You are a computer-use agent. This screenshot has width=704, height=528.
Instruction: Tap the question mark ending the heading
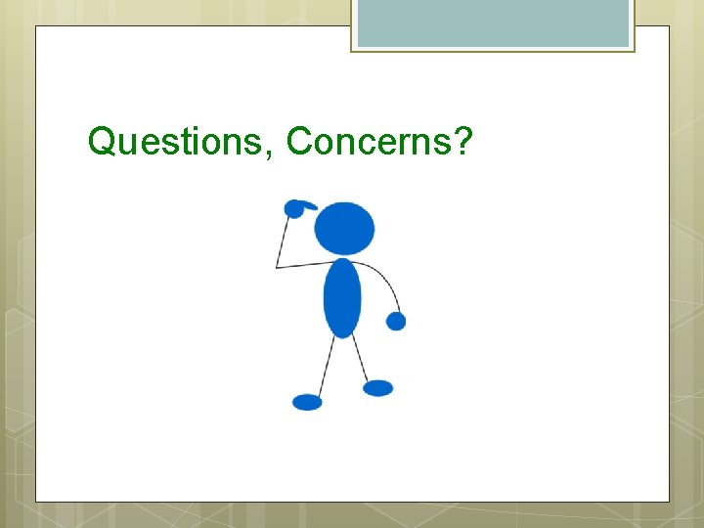pyautogui.click(x=463, y=142)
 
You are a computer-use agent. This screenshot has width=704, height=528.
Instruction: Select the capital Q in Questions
pyautogui.click(x=101, y=142)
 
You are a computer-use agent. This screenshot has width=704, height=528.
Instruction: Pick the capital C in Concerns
pyautogui.click(x=298, y=142)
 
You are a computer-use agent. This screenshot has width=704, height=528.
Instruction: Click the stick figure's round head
pyautogui.click(x=344, y=228)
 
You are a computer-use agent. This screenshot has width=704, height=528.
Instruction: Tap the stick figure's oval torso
pyautogui.click(x=342, y=297)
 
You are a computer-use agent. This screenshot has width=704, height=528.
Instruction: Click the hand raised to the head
pyautogui.click(x=294, y=208)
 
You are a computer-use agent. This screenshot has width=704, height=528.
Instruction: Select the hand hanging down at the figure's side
pyautogui.click(x=396, y=321)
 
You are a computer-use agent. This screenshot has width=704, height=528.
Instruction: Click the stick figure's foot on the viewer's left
pyautogui.click(x=307, y=402)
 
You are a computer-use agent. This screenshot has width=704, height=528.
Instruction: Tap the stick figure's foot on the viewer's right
pyautogui.click(x=378, y=388)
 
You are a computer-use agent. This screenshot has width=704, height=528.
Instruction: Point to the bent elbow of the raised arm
pyautogui.click(x=277, y=266)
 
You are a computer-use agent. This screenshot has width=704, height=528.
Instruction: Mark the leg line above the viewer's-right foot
pyautogui.click(x=361, y=359)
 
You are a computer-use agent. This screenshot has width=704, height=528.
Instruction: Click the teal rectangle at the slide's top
pyautogui.click(x=493, y=22)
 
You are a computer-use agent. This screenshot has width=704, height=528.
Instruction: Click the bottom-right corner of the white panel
pyautogui.click(x=668, y=502)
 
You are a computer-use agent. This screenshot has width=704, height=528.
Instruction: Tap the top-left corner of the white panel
pyautogui.click(x=37, y=26)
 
